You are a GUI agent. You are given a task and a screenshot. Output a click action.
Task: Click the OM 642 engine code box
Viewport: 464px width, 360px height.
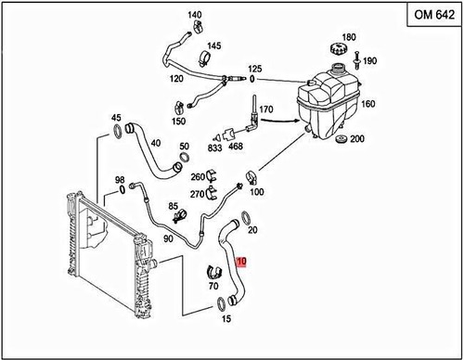pyautogui.click(x=435, y=15)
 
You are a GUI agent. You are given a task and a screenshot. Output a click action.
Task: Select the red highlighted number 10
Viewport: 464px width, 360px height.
pyautogui.click(x=241, y=262)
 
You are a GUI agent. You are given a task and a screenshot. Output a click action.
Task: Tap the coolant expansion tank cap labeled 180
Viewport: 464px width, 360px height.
pyautogui.click(x=339, y=49)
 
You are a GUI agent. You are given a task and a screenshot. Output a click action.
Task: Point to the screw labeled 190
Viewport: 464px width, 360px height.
pyautogui.click(x=357, y=59)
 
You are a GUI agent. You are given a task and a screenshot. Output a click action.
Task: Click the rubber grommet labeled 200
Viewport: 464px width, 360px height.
pyautogui.click(x=342, y=139)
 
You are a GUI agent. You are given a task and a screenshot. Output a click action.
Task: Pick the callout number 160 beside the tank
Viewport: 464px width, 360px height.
pyautogui.click(x=367, y=104)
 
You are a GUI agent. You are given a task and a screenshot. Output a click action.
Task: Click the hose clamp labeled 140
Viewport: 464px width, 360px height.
pyautogui.click(x=197, y=26)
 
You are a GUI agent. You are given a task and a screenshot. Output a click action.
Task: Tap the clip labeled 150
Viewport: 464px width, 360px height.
pyautogui.click(x=179, y=108)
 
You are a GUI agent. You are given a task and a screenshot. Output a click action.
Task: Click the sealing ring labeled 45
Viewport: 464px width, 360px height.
pyautogui.click(x=118, y=131)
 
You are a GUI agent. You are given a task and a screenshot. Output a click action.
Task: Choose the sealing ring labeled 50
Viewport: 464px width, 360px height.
pyautogui.click(x=185, y=157)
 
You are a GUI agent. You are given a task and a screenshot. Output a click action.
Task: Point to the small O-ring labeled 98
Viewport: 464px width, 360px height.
pyautogui.click(x=122, y=189)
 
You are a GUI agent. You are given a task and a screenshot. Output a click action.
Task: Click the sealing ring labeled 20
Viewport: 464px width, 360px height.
pyautogui.click(x=246, y=218)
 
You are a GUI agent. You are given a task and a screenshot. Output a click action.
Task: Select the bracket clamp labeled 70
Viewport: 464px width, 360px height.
pyautogui.click(x=214, y=272)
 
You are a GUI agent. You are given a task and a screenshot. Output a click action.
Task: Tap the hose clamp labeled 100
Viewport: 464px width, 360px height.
pyautogui.click(x=251, y=178)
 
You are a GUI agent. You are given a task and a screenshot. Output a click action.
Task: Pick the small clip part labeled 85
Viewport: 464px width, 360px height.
pyautogui.click(x=179, y=215)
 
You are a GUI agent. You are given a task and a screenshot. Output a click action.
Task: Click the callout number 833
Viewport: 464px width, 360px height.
pyautogui.click(x=214, y=148)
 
